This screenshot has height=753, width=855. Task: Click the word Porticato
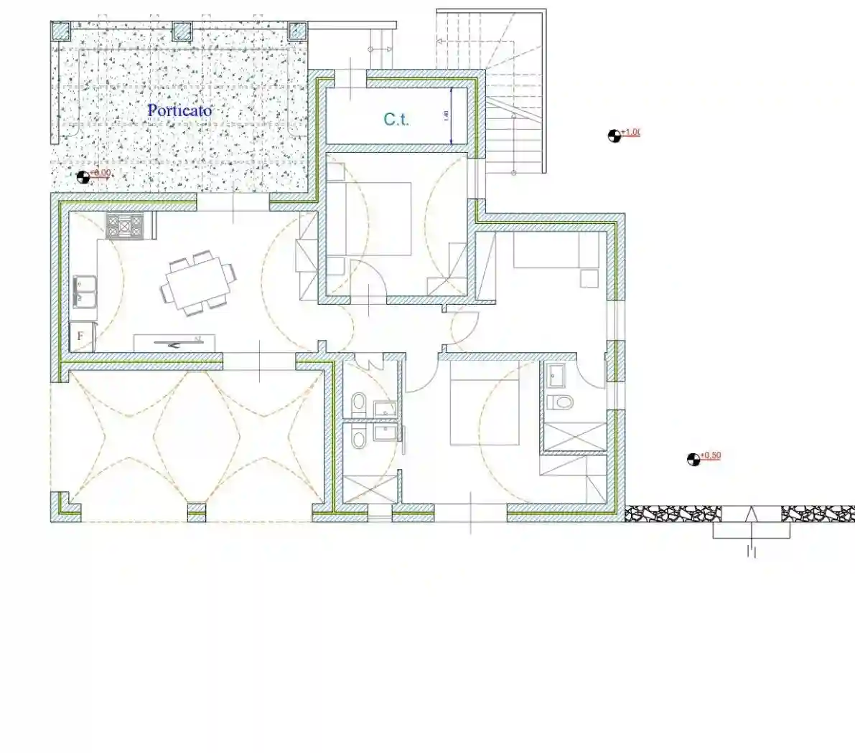pos(179,110)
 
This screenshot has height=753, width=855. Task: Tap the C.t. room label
pos(396,119)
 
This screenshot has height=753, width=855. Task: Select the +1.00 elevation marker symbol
pos(615,136)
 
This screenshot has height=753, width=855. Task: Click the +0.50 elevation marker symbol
pos(693,460)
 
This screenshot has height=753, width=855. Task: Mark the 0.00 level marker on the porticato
pos(83,176)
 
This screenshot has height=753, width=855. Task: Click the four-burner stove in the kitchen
pos(125,227)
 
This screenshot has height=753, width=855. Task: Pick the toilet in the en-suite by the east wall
pos(559,402)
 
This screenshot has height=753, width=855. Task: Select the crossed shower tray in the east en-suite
pos(574,437)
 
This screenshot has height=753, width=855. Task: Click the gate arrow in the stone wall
pos(752,514)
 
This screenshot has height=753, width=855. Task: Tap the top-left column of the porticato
pos(61,31)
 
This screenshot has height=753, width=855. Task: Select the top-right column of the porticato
pos(297,31)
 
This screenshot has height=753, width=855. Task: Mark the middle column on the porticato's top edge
pos(183,31)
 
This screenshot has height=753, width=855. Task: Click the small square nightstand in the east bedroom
pos(589,278)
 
